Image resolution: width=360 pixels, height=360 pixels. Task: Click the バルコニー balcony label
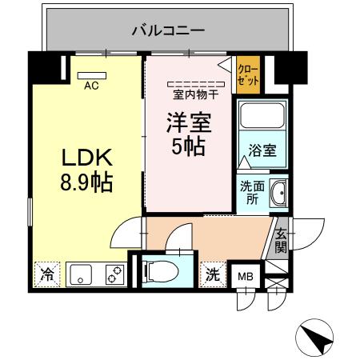tap(167, 31)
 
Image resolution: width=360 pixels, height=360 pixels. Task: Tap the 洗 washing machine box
tap(213, 274)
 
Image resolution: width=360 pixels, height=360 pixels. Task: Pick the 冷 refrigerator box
tap(46, 274)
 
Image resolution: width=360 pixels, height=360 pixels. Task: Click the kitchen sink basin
tap(80, 274)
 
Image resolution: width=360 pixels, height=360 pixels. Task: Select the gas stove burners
tap(114, 274)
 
